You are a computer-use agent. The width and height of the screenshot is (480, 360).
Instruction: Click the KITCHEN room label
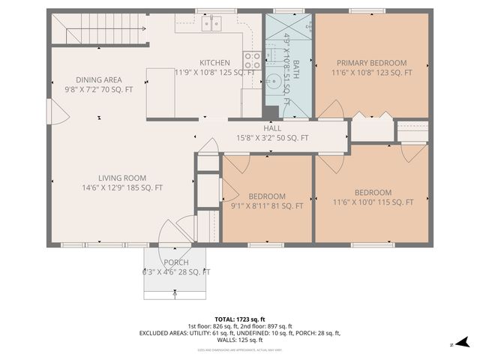[x=214, y=62]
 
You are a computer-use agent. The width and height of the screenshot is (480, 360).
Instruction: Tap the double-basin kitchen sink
[x=211, y=23]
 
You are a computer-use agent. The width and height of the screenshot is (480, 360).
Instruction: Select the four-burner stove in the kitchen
[x=252, y=59]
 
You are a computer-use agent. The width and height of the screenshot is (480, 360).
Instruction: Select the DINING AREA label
[x=99, y=79]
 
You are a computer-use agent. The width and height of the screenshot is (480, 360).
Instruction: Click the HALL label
[x=271, y=127]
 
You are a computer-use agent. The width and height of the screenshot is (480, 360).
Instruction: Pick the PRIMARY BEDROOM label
[x=371, y=63]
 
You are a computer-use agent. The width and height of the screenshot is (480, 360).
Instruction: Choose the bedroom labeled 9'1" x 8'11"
[x=267, y=196]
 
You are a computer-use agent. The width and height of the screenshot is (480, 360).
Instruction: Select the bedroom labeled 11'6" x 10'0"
[x=373, y=192]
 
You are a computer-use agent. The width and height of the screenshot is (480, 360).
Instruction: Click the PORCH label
[x=176, y=262]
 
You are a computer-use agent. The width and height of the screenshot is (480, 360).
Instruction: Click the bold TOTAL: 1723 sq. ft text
[x=239, y=319]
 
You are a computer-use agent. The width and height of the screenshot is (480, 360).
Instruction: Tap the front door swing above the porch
[x=178, y=229]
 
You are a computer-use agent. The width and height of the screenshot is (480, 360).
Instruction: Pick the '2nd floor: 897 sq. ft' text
[x=269, y=326]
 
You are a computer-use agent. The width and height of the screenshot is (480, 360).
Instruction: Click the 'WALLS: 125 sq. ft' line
[x=239, y=340]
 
